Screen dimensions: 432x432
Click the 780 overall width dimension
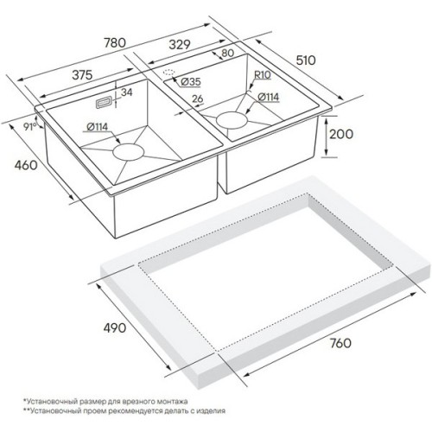click(x=115, y=42)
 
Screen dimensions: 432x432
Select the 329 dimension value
click(x=180, y=44)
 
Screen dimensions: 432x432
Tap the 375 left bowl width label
click(x=82, y=74)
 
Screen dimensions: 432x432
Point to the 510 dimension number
click(x=306, y=60)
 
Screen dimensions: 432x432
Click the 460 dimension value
click(x=26, y=165)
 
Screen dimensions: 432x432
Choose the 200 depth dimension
click(x=341, y=134)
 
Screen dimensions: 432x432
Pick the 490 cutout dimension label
click(x=115, y=327)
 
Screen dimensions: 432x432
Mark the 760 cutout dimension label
click(x=340, y=343)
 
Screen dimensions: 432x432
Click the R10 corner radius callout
click(x=263, y=75)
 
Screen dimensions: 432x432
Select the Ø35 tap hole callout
click(x=190, y=82)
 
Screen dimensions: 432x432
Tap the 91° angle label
click(x=30, y=126)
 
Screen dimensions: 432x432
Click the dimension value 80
click(x=228, y=53)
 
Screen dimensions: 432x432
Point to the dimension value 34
click(x=127, y=92)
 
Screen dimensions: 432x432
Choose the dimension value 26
click(x=198, y=98)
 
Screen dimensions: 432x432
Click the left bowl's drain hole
click(x=128, y=152)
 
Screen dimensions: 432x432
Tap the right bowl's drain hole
click(x=232, y=119)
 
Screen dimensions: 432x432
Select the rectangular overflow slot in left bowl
click(x=103, y=103)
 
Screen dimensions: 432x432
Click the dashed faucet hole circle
click(x=169, y=73)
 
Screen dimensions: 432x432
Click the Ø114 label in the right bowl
click(x=269, y=97)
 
